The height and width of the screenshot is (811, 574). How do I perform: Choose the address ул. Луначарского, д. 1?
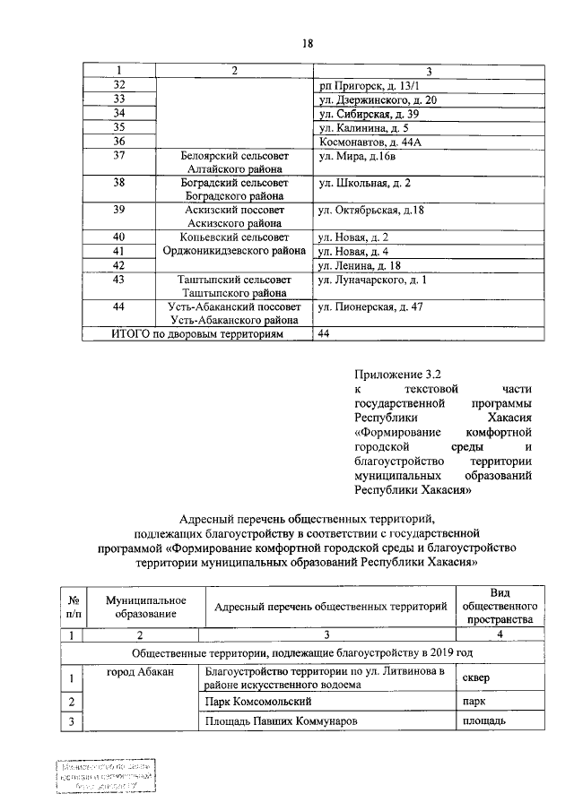click(x=372, y=281)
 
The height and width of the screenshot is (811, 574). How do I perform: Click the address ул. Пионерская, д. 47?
click(x=370, y=307)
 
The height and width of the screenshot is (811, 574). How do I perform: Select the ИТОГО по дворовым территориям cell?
click(x=196, y=334)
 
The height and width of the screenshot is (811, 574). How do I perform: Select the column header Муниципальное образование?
click(x=145, y=607)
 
